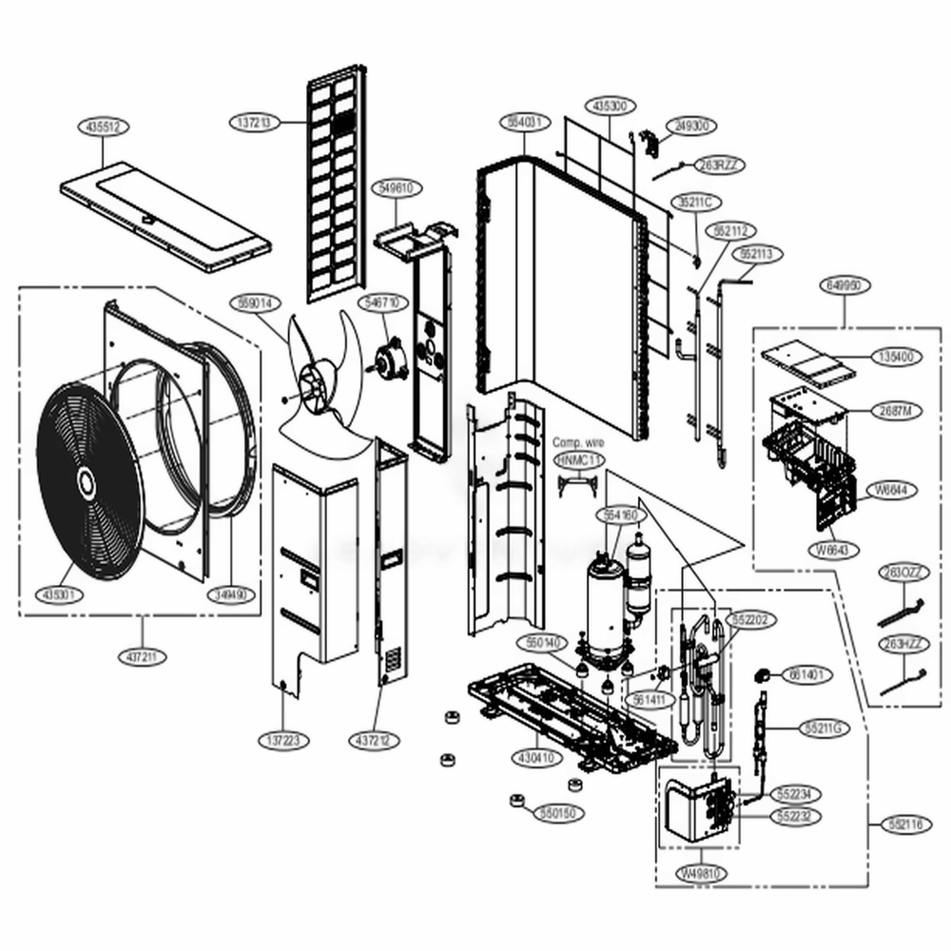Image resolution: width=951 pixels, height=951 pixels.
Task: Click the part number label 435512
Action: click(x=103, y=126)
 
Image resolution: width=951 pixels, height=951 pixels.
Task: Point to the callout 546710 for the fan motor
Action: click(x=382, y=302)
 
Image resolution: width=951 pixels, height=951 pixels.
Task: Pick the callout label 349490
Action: click(x=231, y=594)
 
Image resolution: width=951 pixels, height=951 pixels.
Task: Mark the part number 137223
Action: click(x=282, y=739)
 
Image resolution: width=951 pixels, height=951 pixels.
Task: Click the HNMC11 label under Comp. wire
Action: click(x=578, y=460)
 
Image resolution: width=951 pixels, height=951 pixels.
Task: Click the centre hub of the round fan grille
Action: click(x=85, y=482)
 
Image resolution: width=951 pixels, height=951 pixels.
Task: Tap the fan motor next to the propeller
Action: click(x=389, y=359)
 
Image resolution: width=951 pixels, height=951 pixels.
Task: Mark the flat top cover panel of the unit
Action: click(x=165, y=217)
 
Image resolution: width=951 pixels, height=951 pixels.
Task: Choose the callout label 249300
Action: click(x=717, y=126)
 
